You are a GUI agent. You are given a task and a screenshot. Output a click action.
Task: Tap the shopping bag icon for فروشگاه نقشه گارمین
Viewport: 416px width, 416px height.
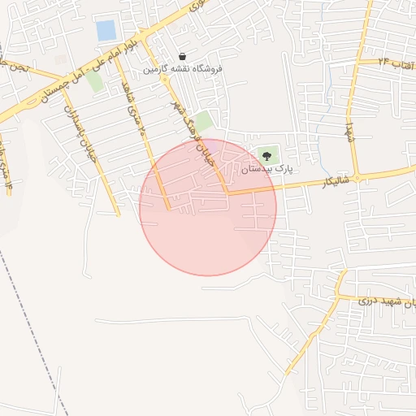182,57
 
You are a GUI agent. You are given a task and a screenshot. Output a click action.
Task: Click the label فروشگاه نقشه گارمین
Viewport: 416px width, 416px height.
183,70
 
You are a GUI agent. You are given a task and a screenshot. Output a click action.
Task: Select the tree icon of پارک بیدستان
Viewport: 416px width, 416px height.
267,155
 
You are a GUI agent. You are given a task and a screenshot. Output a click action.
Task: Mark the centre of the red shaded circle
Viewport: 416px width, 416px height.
208,207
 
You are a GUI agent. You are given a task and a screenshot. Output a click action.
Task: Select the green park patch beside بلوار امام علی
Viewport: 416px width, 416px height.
95,81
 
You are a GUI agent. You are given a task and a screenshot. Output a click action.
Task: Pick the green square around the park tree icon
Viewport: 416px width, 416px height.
267,154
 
